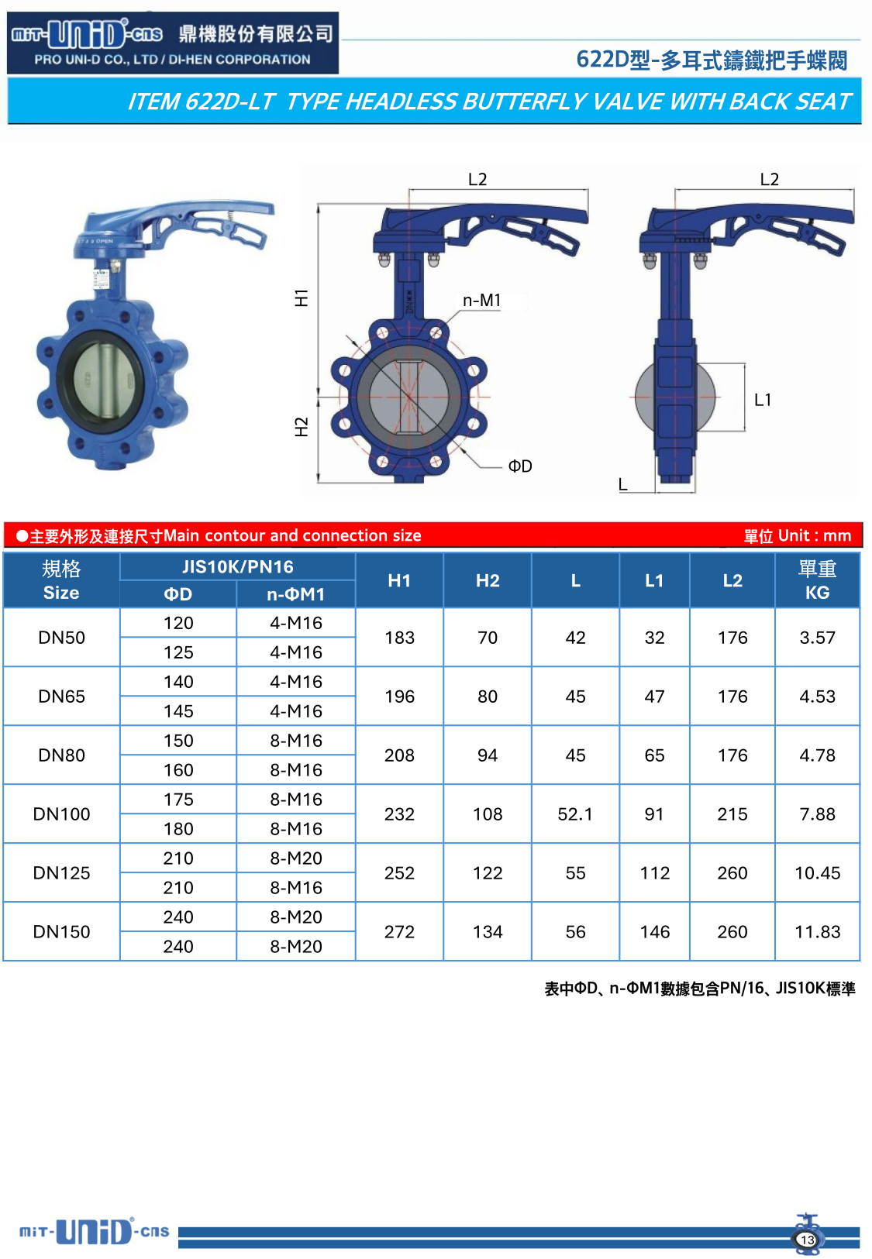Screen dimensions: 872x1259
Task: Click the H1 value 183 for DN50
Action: [x=399, y=638]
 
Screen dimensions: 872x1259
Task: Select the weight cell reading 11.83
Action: [x=817, y=931]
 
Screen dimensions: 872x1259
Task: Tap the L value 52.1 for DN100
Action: [x=574, y=814]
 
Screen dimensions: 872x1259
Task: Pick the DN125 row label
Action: [x=61, y=872]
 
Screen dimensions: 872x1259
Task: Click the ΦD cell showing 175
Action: [x=178, y=800]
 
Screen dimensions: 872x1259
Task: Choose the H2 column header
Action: [x=488, y=580]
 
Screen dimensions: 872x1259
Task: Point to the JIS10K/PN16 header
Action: [x=237, y=566]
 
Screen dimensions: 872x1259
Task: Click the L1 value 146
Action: [x=654, y=931]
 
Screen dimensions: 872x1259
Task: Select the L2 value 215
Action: [x=732, y=814]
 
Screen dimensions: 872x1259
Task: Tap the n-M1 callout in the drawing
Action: [x=481, y=300]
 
